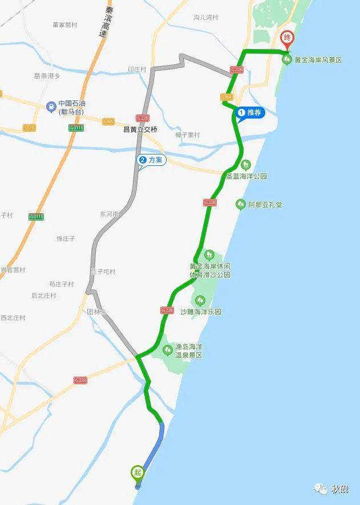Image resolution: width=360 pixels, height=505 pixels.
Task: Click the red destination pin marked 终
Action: coord(288,39)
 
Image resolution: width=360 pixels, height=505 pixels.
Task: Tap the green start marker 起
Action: coord(137,472)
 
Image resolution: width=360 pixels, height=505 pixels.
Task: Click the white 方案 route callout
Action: coord(151,160)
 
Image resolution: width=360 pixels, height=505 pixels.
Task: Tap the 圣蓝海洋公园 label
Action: coord(246,176)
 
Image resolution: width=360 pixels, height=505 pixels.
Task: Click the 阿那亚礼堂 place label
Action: coord(265,204)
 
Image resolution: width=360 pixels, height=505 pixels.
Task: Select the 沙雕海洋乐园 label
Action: coord(200,312)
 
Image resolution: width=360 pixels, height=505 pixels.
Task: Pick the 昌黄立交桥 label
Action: coord(140,129)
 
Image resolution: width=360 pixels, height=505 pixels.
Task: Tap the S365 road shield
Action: coord(108,121)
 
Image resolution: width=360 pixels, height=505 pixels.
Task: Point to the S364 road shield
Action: coord(227,97)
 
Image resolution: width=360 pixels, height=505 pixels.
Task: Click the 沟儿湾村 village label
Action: coord(206,18)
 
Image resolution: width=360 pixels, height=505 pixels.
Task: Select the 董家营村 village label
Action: coord(64,25)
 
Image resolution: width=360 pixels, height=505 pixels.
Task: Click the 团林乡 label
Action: coord(97,312)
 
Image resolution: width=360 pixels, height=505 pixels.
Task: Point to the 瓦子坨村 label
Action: coord(103,272)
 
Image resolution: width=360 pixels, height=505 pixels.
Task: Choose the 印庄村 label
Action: coord(138,70)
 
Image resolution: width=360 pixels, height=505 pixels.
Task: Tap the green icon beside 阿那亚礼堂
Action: coord(241,204)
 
